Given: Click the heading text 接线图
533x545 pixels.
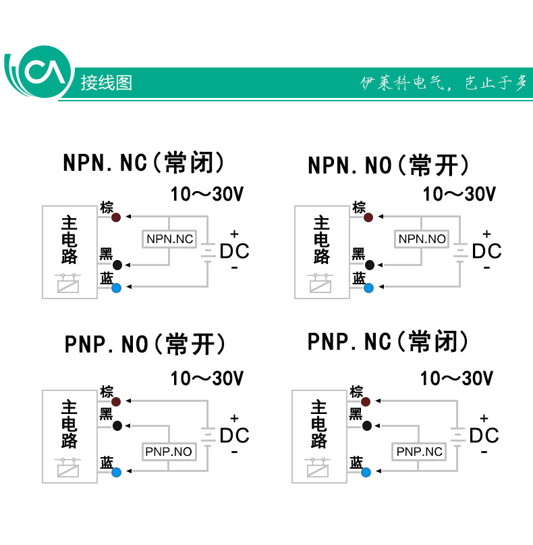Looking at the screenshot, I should pos(106,82).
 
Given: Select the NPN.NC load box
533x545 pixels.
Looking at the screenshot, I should pos(169,238).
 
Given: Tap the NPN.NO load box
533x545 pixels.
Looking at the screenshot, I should pos(422,238).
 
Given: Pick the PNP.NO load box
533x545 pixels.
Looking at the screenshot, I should pos(169,451).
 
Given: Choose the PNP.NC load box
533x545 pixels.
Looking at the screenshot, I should pos(419,451).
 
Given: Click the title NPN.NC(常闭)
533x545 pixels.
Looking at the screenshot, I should pos(143,163).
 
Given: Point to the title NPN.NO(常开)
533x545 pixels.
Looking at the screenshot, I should pos(388,165).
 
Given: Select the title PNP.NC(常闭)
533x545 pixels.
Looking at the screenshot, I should pos(388,341).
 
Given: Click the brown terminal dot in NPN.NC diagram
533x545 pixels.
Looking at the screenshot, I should pos(117,217).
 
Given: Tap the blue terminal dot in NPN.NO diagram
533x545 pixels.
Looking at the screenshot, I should pos(368,288).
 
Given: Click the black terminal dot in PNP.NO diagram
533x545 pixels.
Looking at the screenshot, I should pos(117,425).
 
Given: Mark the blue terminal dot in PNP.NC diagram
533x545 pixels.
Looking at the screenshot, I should pos(366,471).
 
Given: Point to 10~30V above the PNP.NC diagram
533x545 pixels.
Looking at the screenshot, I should pos(457,378).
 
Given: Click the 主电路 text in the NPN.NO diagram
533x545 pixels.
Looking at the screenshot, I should pos(321,240).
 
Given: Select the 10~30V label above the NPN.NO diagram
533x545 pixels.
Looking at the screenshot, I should pos(459,194).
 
